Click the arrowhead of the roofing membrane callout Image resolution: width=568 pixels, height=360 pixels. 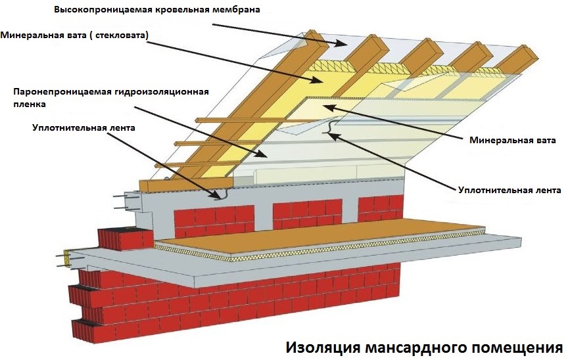343,45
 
